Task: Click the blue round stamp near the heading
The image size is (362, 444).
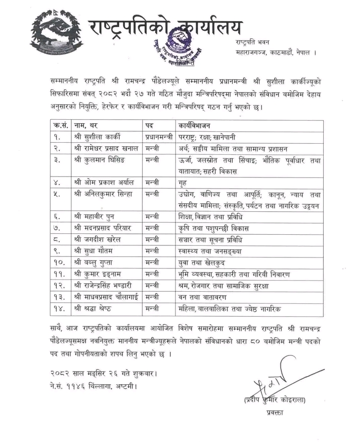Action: click(179, 44)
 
